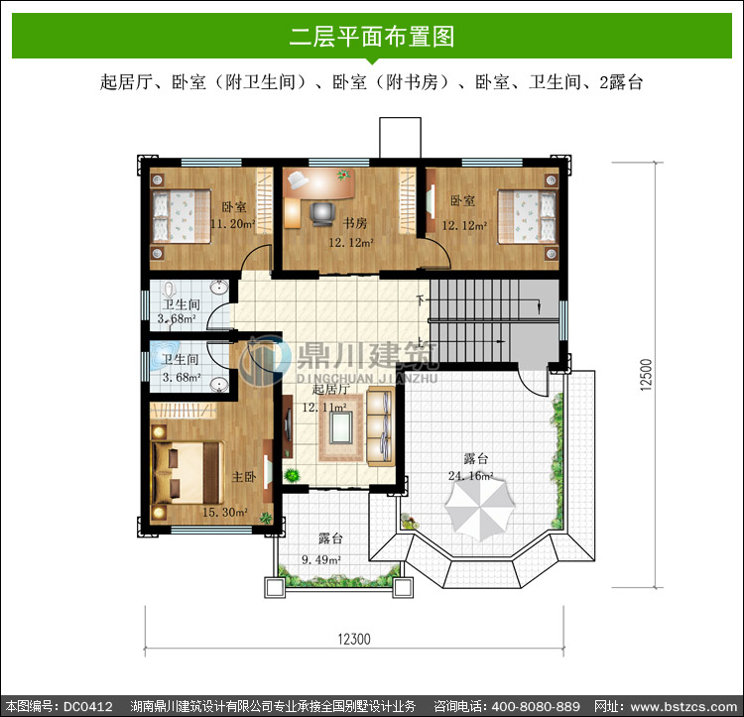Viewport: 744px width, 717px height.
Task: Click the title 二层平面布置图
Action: [372, 37]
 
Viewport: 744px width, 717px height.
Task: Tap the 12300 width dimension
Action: [354, 639]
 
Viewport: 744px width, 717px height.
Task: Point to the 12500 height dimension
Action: [646, 375]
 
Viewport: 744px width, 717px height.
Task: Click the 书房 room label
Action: [355, 223]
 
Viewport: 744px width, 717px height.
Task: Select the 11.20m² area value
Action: [232, 223]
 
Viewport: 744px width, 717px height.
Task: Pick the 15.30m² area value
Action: [225, 512]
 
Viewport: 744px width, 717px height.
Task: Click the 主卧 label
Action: [244, 477]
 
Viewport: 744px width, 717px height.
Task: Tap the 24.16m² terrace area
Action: [470, 475]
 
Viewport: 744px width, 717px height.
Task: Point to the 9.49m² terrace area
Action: [321, 559]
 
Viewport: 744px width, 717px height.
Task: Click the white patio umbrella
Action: [480, 510]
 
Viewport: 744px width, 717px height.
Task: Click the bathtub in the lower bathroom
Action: [163, 355]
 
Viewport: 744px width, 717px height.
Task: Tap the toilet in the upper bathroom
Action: [169, 290]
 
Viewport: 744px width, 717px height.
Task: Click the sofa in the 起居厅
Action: [381, 426]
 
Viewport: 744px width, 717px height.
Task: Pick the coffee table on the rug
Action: [340, 427]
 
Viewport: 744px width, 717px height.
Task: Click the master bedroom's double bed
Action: [187, 473]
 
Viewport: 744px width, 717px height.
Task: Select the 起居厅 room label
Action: [331, 390]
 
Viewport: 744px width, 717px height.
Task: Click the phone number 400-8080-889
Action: [536, 707]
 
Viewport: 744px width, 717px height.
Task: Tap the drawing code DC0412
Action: [88, 707]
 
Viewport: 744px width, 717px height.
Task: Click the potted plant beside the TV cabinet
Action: [292, 475]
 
